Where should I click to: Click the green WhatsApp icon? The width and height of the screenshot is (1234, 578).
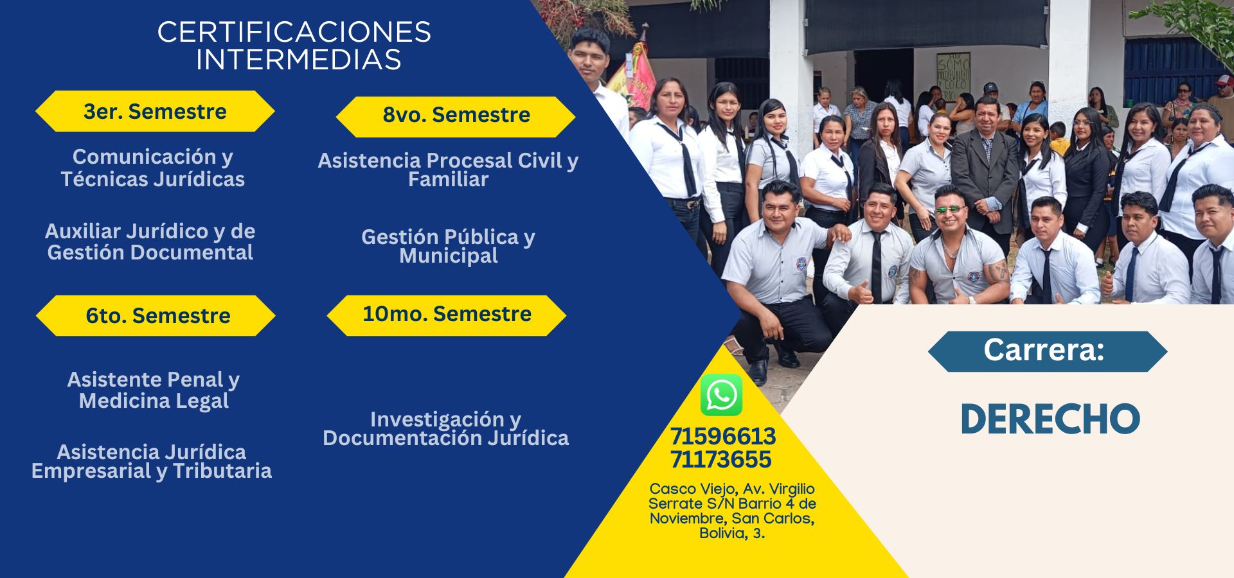point(721,395)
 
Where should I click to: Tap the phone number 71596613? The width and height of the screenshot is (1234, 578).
point(722,437)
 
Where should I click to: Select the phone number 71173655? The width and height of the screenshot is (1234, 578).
point(720,460)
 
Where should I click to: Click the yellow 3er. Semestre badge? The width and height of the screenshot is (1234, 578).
point(155,111)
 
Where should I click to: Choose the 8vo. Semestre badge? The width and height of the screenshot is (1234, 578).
point(456,116)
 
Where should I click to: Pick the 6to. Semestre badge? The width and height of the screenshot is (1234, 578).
point(156,315)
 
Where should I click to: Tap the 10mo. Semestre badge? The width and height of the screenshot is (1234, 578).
point(447,315)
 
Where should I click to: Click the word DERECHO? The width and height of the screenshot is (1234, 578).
point(1050,419)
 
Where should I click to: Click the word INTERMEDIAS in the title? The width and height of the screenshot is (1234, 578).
point(299,60)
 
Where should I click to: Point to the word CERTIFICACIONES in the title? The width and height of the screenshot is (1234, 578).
point(294,32)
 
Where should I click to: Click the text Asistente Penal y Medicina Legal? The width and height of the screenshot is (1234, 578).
point(154,390)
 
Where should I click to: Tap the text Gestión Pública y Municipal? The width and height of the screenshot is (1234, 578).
point(448,246)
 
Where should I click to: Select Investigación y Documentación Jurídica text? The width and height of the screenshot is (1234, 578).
point(446,428)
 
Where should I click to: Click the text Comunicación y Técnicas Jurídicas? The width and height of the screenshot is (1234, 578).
point(153,168)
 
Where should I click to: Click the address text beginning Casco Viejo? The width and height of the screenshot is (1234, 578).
point(732,511)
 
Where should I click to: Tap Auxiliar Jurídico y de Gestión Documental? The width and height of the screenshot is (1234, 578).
point(150,241)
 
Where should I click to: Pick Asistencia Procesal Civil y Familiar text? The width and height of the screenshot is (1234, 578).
point(448,170)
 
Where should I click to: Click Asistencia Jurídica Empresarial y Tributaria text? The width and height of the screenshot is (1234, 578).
point(152,461)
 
